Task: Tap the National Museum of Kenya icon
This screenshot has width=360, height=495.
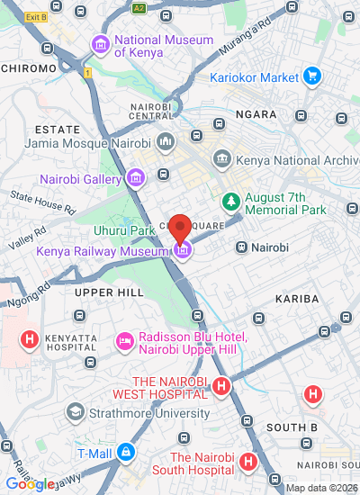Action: [100, 45]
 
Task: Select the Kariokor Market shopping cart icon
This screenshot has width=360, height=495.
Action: [311, 76]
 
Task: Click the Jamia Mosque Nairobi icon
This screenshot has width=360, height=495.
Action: [165, 142]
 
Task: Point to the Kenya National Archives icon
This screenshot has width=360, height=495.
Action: [221, 159]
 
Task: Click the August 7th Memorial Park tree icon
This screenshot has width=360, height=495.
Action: [231, 200]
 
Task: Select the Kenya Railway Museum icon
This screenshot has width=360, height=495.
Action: [182, 250]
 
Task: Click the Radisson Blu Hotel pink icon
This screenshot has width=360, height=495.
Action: [124, 343]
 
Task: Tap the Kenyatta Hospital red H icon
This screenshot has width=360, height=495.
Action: [30, 340]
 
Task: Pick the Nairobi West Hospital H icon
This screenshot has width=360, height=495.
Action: [221, 387]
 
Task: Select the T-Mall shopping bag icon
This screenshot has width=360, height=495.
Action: [127, 451]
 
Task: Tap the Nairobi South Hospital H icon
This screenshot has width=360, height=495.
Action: [248, 463]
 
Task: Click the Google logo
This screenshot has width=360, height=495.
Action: [30, 484]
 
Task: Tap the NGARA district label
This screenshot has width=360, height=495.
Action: [255, 115]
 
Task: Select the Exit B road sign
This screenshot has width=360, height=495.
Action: [35, 17]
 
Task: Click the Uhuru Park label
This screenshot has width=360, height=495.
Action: [130, 231]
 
